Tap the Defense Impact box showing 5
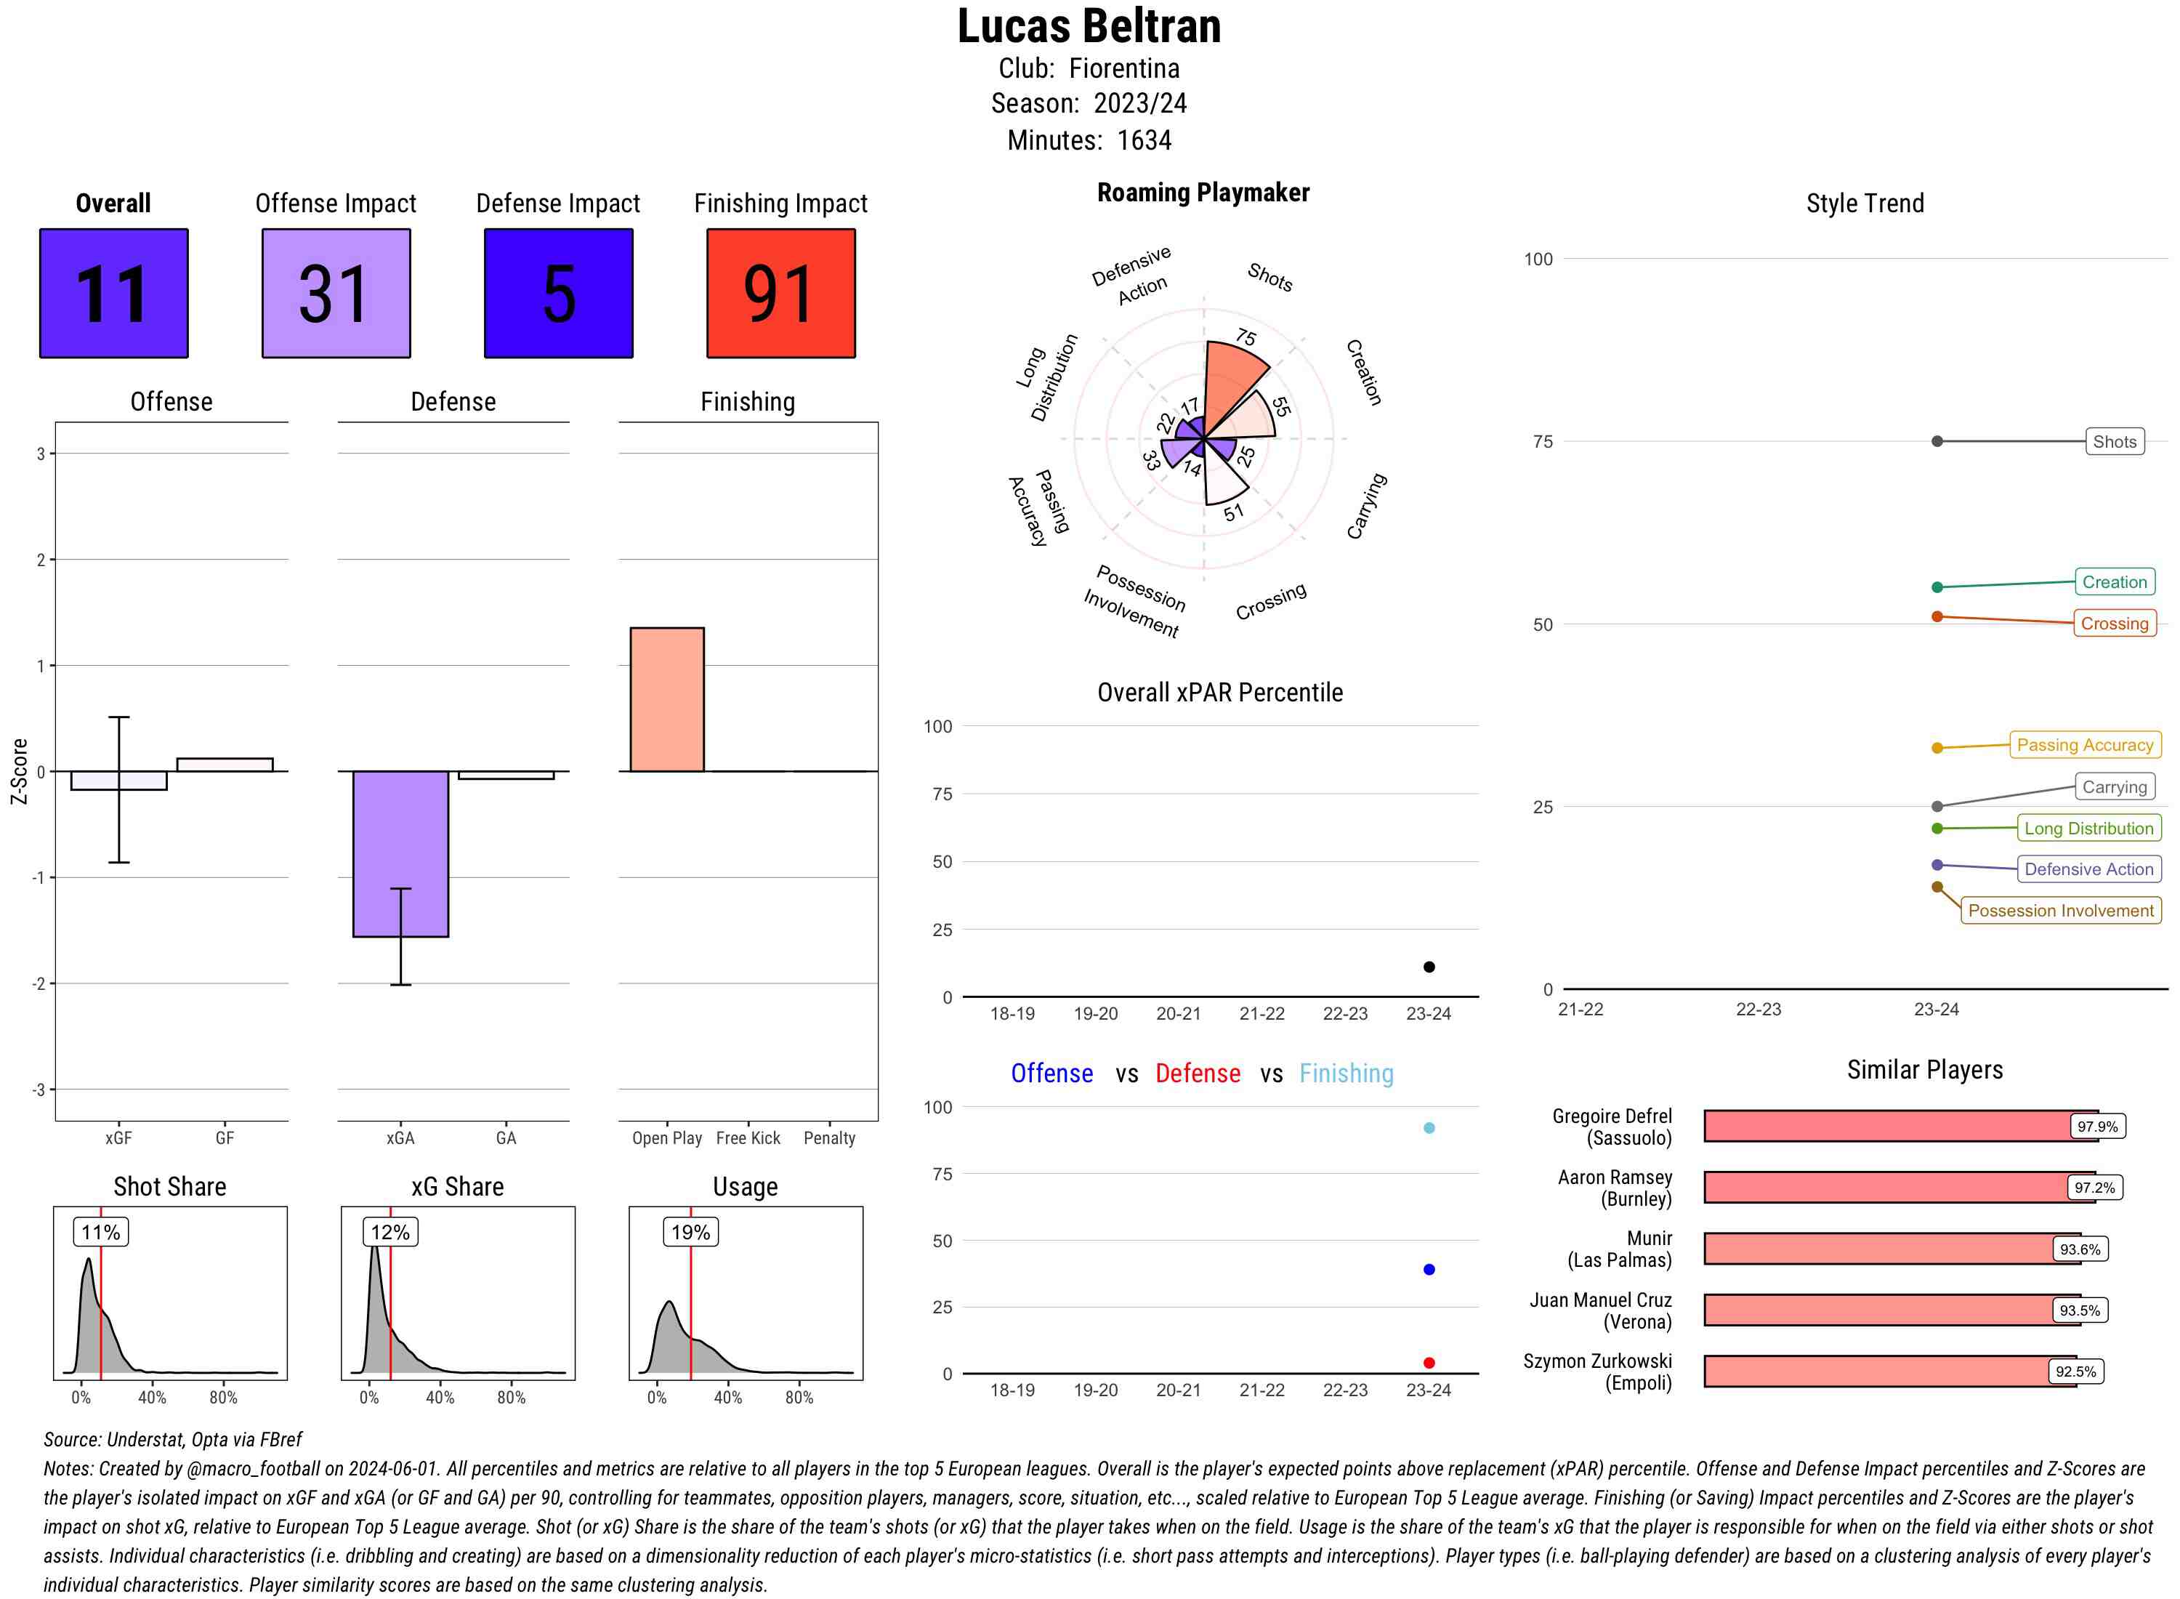click(558, 294)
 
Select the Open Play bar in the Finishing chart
click(666, 699)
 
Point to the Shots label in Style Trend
click(2113, 441)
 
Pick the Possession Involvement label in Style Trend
click(2060, 911)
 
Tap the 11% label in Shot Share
click(100, 1232)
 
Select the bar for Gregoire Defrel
click(1900, 1126)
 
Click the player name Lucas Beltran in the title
click(1089, 26)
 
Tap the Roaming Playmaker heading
click(1203, 193)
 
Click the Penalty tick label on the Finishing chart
click(829, 1138)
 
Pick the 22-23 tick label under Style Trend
click(1758, 1010)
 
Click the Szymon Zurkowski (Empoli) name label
click(1597, 1372)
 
